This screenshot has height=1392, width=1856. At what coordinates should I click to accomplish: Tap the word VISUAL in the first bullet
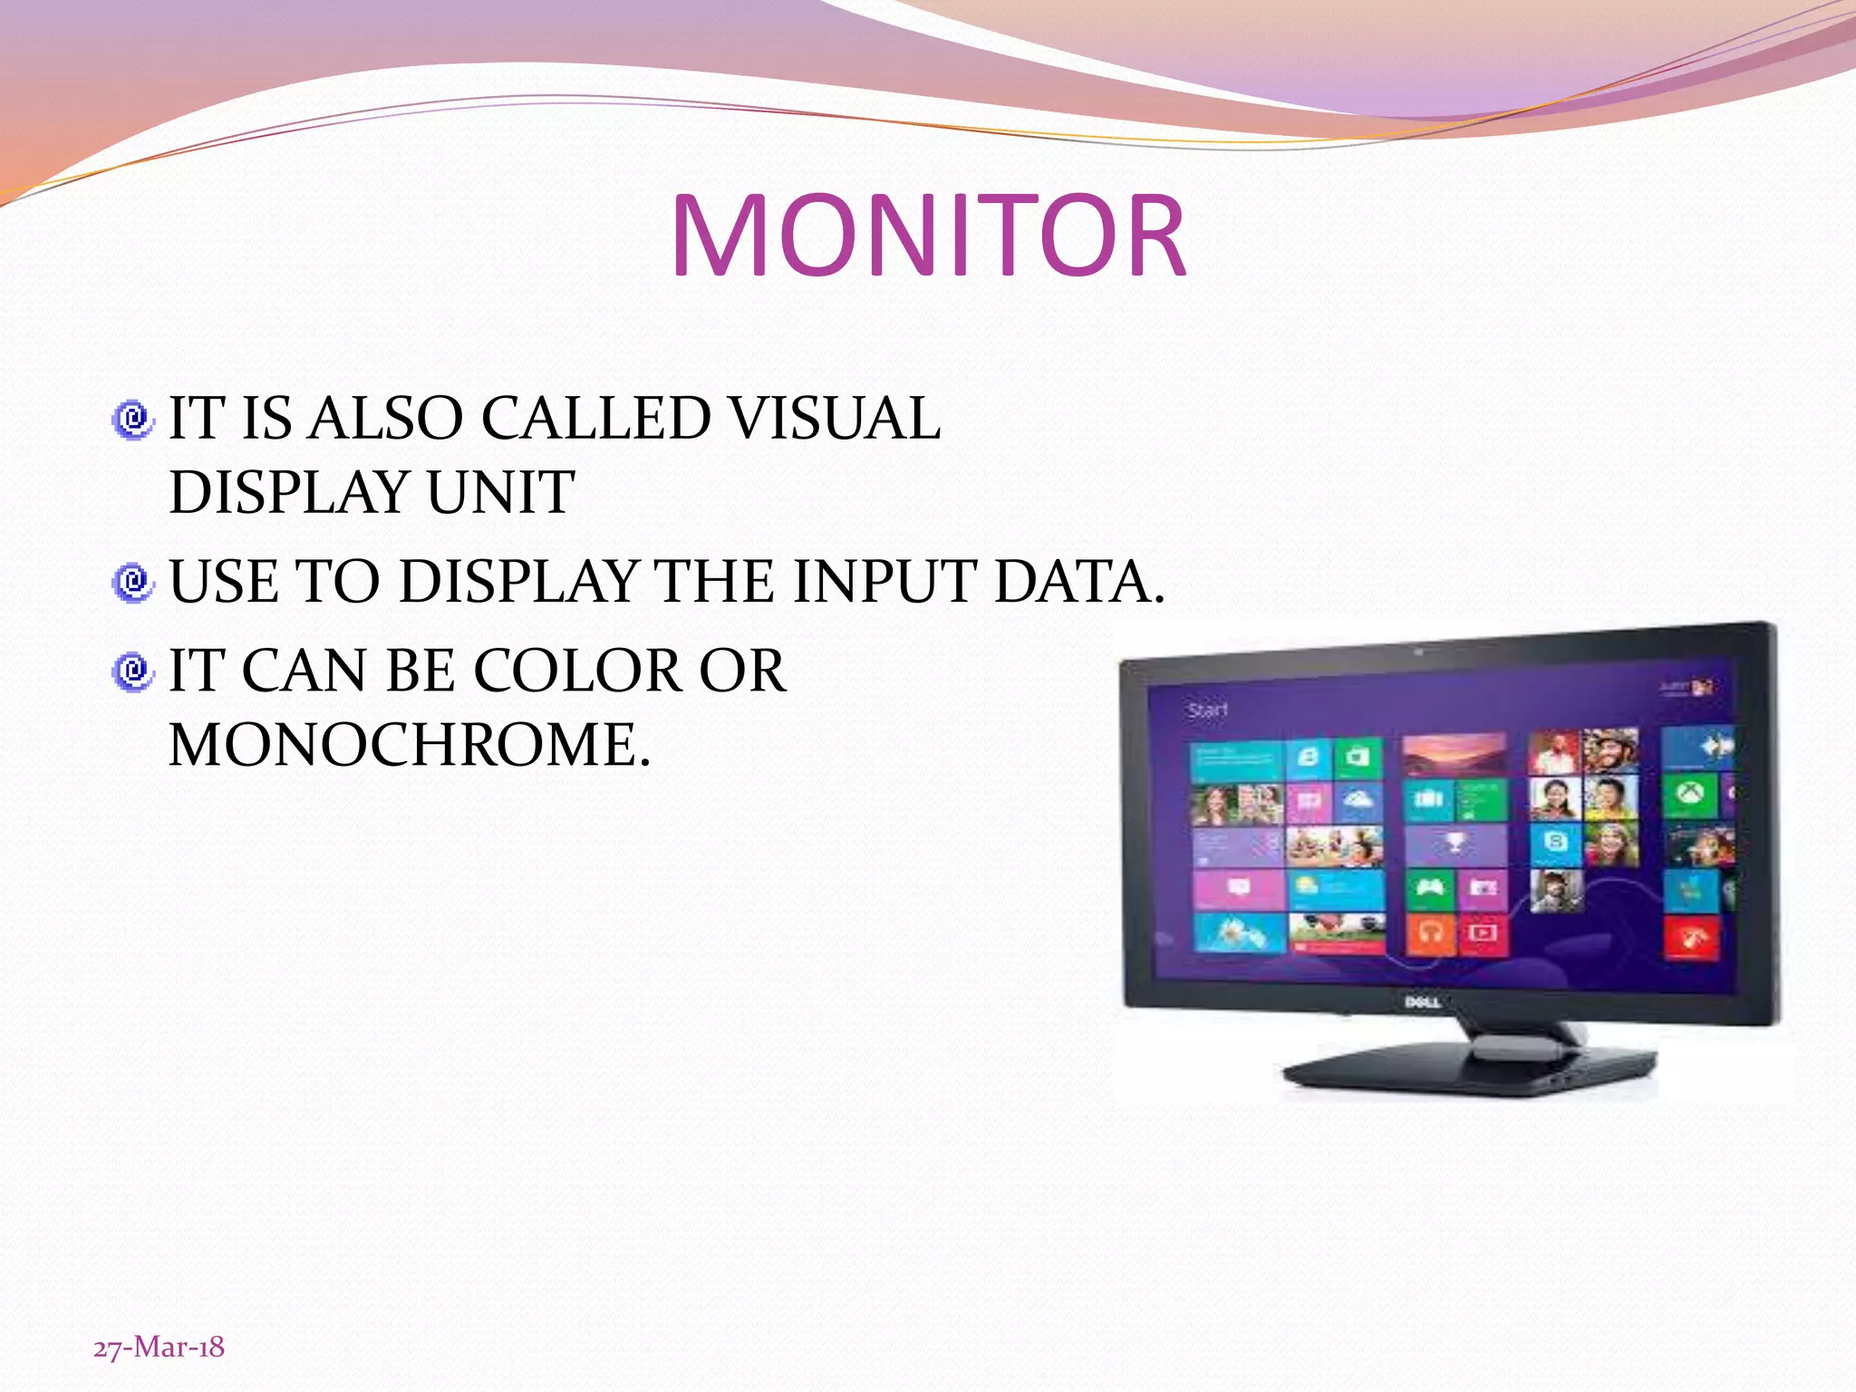tap(836, 419)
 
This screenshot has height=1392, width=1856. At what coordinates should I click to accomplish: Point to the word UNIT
tap(500, 493)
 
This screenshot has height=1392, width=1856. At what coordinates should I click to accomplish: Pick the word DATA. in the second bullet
tap(1078, 581)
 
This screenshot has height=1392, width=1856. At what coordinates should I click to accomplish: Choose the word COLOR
tap(577, 672)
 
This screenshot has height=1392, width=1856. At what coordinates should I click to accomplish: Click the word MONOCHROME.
tap(410, 745)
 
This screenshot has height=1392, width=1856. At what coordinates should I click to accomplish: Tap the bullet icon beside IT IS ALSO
tap(133, 420)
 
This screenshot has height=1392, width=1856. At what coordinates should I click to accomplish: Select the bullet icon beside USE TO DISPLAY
tap(133, 582)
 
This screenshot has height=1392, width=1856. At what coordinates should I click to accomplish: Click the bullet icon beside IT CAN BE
tap(133, 672)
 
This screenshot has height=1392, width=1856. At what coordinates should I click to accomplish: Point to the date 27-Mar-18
tap(159, 1348)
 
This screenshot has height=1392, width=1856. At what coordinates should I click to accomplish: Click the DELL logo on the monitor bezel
tap(1422, 1001)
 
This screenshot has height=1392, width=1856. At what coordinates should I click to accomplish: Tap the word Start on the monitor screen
tap(1207, 710)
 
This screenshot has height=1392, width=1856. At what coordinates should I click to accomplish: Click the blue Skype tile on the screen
tap(1555, 842)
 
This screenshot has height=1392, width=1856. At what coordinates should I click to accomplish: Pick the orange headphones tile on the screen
tap(1431, 933)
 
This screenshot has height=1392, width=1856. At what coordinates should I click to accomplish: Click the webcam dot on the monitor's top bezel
tap(1419, 652)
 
